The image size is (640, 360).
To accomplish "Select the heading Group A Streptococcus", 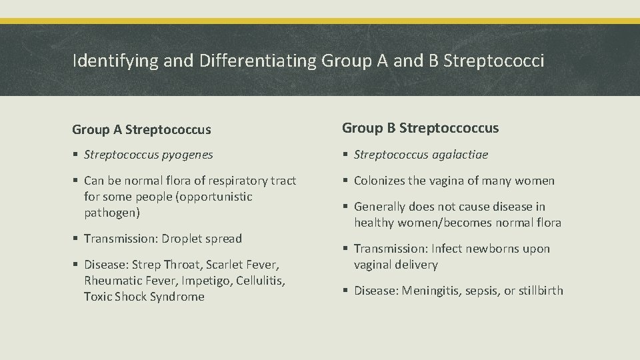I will (x=142, y=129).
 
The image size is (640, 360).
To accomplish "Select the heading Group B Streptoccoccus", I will (x=420, y=128).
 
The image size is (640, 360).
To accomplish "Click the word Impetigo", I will (x=201, y=281).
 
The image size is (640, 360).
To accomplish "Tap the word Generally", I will (x=380, y=207).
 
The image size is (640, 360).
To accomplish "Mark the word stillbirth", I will (x=537, y=291).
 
